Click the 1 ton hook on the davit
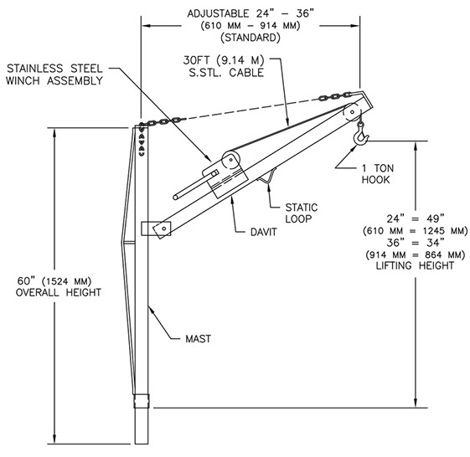tap(360, 136)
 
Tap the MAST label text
tap(198, 339)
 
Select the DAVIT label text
tap(263, 232)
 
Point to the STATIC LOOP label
tap(302, 213)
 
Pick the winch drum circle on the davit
tap(230, 160)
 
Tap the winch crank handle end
tap(175, 197)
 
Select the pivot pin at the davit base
tap(164, 228)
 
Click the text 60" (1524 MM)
tap(54, 281)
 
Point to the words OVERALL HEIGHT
tap(59, 292)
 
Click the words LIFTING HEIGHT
tap(416, 265)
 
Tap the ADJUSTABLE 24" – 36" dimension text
tap(250, 13)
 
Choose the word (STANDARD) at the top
tap(250, 38)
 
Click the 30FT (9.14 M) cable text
tap(224, 60)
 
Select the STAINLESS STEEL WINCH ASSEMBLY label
tap(54, 74)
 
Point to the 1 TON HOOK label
tap(378, 174)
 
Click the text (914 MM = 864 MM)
tap(416, 254)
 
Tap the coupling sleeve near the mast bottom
tap(142, 401)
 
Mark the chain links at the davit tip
tap(335, 96)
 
